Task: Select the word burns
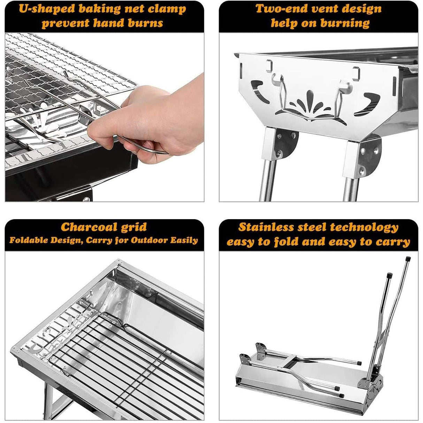(x=144, y=23)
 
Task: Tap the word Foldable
(x=27, y=240)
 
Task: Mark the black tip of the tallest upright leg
(x=408, y=260)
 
